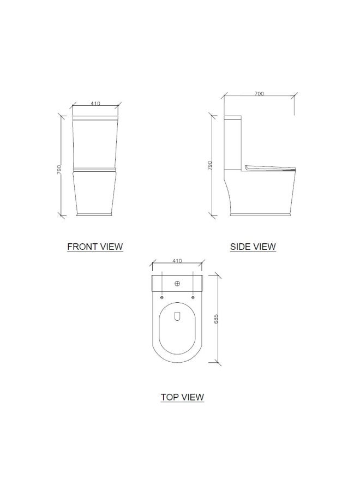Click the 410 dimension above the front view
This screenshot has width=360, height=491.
(x=95, y=103)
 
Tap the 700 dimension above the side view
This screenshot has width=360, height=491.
(x=259, y=94)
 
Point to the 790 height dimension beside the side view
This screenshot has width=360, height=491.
(x=210, y=166)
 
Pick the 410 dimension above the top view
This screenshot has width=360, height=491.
(x=177, y=261)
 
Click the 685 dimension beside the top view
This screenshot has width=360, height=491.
(x=217, y=319)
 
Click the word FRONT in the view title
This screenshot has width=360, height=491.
(x=80, y=247)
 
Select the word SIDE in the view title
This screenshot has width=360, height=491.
(x=241, y=247)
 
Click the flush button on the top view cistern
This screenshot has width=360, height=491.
(x=177, y=284)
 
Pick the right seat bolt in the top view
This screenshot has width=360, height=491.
(x=193, y=297)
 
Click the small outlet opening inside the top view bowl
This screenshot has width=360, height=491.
(x=177, y=316)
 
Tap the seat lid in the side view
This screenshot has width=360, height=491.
(x=271, y=167)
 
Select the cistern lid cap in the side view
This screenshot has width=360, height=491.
(x=233, y=117)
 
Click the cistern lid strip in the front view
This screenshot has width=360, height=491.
(x=95, y=118)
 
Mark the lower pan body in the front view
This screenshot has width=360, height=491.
(x=95, y=194)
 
